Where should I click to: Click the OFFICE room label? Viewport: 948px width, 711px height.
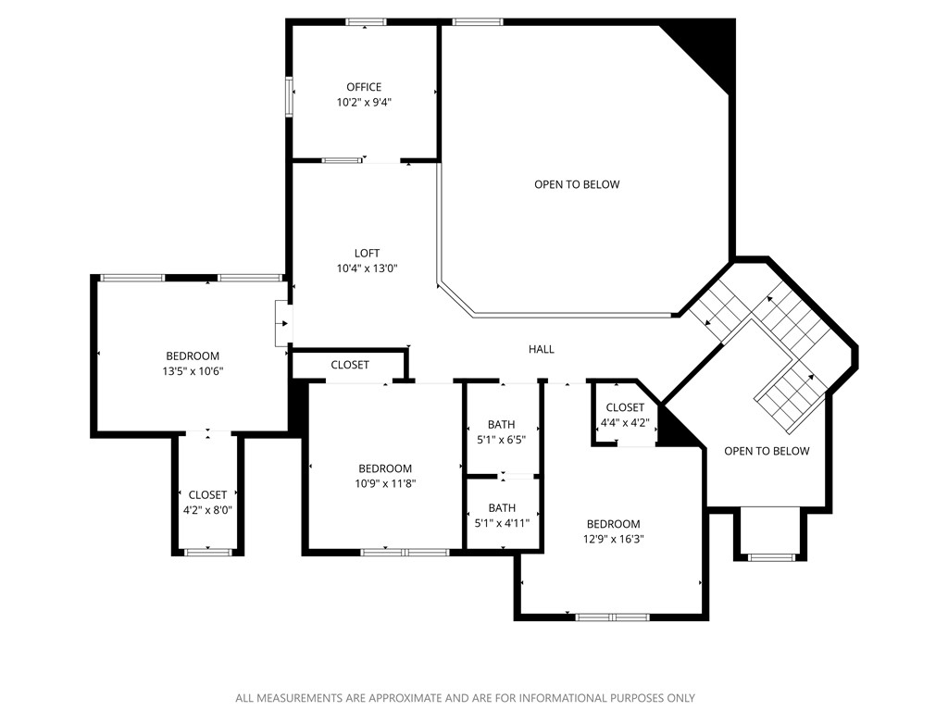tap(364, 87)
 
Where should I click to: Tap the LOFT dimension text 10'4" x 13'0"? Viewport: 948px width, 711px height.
tap(367, 268)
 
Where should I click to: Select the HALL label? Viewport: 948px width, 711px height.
tap(542, 349)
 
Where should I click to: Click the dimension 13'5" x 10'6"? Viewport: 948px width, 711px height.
tap(193, 371)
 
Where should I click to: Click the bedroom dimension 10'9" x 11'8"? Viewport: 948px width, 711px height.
tap(385, 483)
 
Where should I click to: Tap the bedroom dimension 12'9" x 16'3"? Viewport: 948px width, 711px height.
tap(612, 539)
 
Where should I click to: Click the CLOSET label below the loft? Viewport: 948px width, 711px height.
tap(350, 366)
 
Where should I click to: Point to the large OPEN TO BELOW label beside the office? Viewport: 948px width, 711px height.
tap(577, 184)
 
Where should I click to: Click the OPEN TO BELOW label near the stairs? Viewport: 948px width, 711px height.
tap(767, 451)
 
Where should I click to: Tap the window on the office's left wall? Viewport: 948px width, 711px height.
tap(290, 96)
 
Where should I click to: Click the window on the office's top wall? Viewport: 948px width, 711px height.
tap(366, 21)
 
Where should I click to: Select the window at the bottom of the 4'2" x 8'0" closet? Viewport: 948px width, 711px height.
tap(207, 552)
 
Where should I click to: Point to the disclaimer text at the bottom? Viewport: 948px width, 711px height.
tap(465, 698)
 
